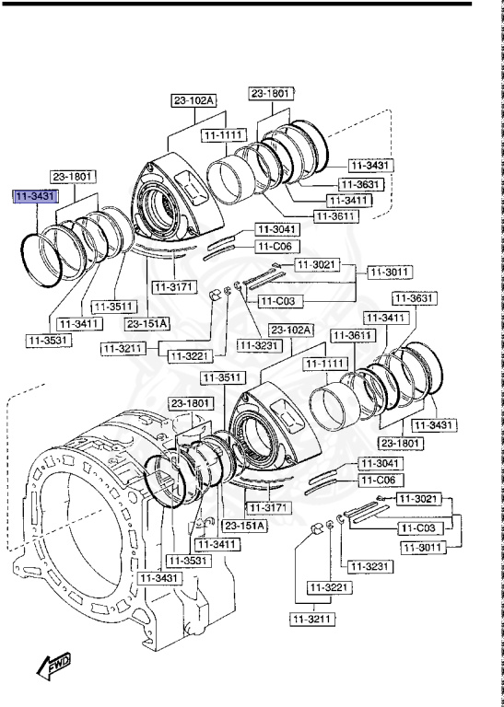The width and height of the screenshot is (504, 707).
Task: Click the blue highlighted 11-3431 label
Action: click(35, 197)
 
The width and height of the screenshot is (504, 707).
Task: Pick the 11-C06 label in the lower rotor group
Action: click(377, 480)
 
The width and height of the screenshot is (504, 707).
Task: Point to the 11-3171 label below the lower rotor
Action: click(268, 508)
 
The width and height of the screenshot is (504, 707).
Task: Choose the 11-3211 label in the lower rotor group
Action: click(313, 620)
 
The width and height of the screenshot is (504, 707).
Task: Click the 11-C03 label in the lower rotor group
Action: click(419, 528)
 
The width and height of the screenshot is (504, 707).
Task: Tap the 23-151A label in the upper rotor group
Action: click(148, 324)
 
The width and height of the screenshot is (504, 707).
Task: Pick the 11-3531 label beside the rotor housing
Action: click(188, 560)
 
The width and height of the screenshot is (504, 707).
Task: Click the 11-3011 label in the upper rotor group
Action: click(390, 272)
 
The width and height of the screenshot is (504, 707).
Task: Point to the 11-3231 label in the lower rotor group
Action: click(366, 567)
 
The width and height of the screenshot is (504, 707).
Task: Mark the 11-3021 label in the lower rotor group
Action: click(419, 498)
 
